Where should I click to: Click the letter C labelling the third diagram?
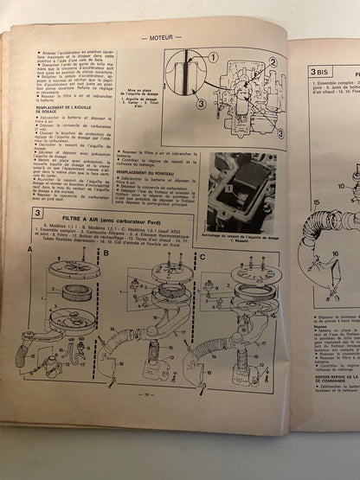[202, 255]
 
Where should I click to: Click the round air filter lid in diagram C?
[255, 275]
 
